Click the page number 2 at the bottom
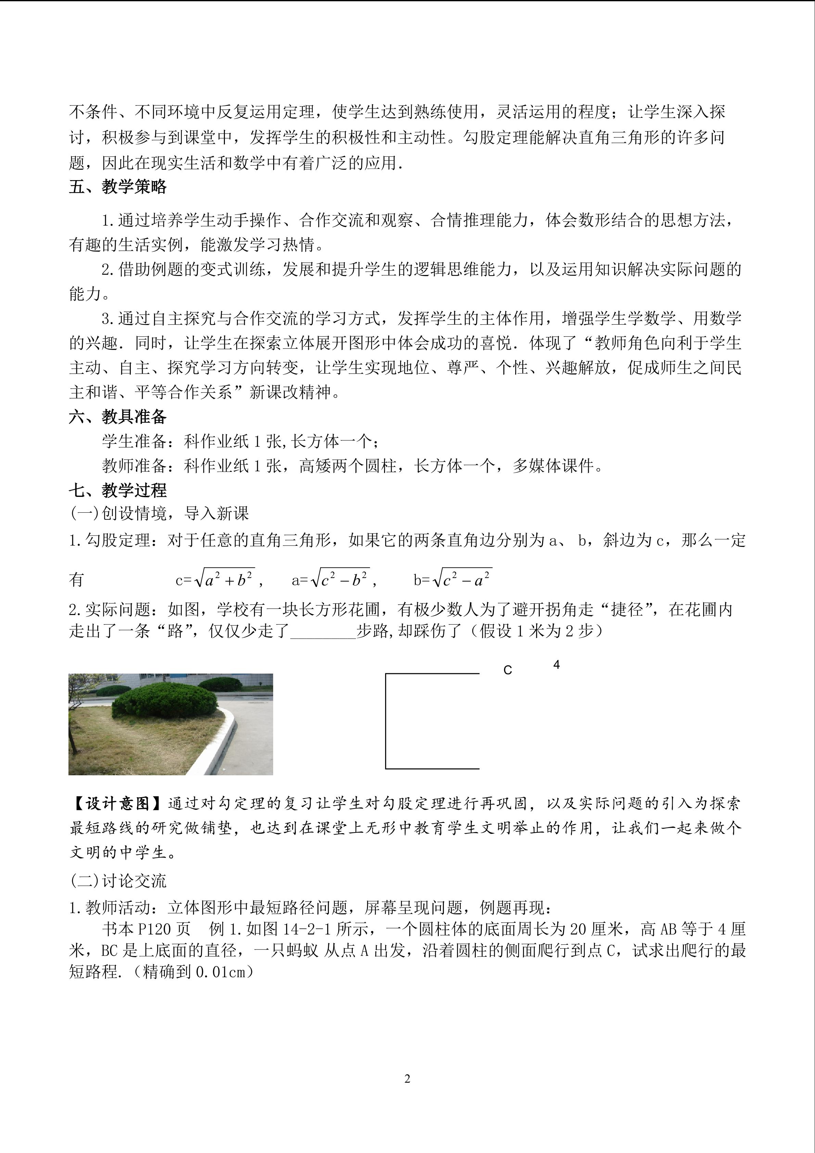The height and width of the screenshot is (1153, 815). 407,1078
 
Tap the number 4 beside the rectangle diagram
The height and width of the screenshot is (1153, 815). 556,664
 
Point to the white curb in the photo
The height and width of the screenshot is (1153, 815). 221,743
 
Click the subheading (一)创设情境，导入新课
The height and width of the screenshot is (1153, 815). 159,513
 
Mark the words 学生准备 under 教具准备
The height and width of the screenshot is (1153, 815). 134,441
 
